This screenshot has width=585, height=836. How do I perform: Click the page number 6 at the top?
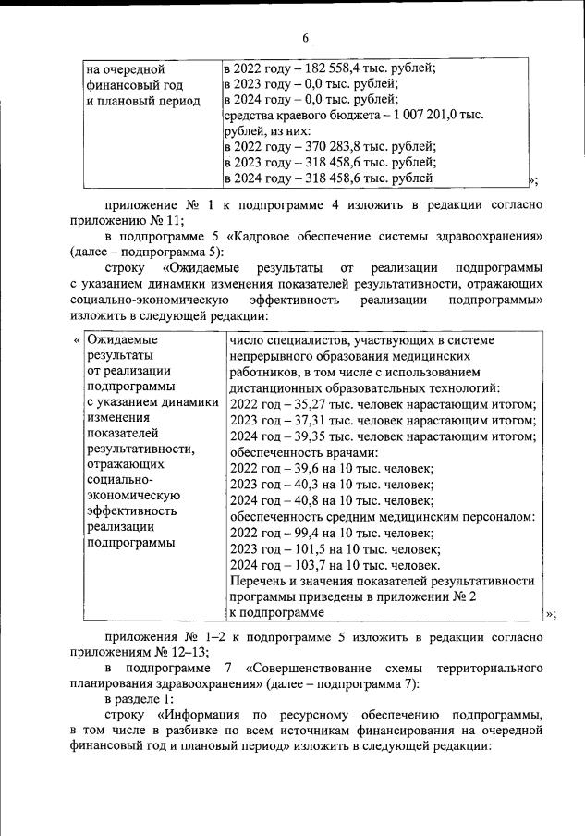304,37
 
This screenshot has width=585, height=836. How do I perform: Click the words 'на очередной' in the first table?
125,68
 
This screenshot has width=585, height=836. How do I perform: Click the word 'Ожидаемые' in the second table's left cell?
117,340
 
